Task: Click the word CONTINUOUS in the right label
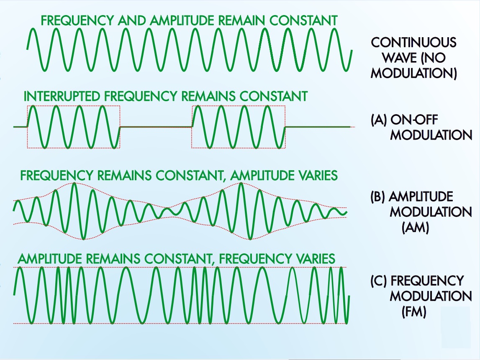[x=413, y=42]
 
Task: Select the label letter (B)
[x=379, y=197]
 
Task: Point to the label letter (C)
[x=379, y=281]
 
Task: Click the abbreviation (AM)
[x=414, y=228]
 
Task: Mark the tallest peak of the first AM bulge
[x=74, y=185]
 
